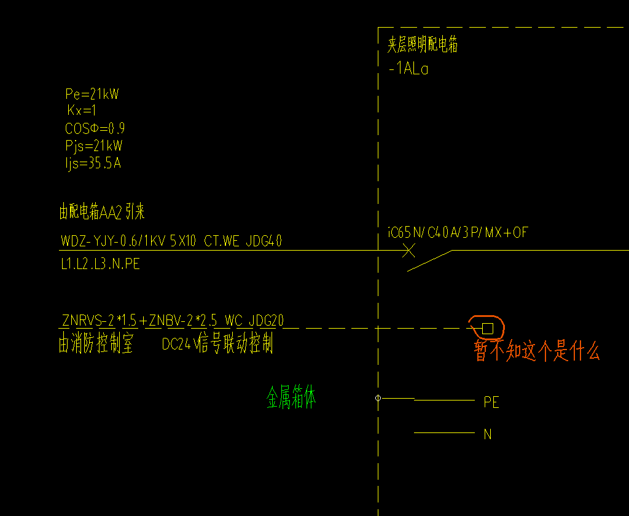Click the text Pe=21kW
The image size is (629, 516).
point(92,95)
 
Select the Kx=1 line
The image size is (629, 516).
point(82,111)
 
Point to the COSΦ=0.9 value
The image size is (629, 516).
point(95,129)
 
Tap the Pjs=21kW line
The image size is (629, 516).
point(93,146)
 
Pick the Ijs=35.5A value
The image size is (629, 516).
point(93,163)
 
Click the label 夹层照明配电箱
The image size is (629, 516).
point(423,45)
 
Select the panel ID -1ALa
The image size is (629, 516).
point(408,69)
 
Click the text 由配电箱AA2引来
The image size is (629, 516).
point(102,213)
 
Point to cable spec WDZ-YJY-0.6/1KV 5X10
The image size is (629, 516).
point(128,241)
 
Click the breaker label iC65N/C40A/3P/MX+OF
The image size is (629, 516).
point(458,233)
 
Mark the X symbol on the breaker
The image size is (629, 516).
point(408,250)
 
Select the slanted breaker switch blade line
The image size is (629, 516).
point(430,260)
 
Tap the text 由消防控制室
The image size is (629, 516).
point(96,345)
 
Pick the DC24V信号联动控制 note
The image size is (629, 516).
point(217,345)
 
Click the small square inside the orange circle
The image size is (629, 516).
point(488,328)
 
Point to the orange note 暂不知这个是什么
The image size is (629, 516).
point(537,351)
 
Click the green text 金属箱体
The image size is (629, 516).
point(291,398)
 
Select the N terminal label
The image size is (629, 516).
point(488,434)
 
